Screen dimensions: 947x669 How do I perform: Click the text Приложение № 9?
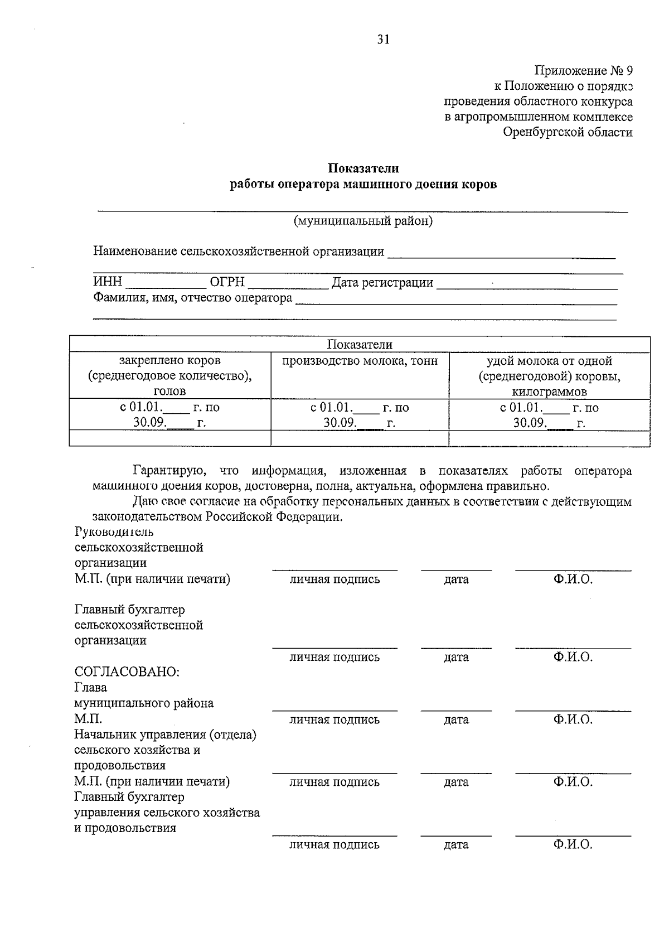(583, 71)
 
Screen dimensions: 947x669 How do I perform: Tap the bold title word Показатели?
(363, 168)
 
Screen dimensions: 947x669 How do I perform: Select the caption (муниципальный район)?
(363, 221)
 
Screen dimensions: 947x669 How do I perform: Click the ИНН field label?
(107, 282)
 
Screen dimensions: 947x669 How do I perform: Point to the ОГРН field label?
(227, 282)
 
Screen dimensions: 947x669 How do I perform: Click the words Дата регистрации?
(382, 282)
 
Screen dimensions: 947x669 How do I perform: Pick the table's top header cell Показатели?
(360, 344)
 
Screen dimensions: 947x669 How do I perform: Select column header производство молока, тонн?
(360, 361)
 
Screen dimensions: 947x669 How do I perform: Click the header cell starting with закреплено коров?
(169, 375)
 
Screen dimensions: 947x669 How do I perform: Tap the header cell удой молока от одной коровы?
(549, 375)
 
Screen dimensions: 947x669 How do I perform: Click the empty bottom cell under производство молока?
(360, 438)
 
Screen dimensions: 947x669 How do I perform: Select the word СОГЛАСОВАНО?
(127, 672)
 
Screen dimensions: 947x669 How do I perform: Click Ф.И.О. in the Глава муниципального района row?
(573, 719)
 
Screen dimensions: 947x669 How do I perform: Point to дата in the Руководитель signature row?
(456, 579)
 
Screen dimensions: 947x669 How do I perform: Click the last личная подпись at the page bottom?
(334, 844)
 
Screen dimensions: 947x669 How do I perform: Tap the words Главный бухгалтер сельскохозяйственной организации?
(139, 625)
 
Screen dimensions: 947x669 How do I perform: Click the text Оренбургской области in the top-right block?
(568, 132)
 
